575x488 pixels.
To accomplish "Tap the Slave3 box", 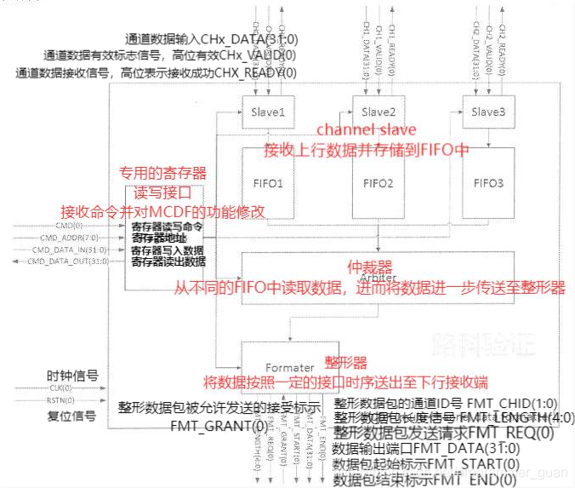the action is tap(487, 112).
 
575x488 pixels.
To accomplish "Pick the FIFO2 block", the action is tap(379, 183).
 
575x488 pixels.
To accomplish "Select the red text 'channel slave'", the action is tap(366, 130).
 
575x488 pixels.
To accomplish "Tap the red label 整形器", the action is tap(347, 362).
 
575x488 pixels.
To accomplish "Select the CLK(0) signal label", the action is tap(60, 388).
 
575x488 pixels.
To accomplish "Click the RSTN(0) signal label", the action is tap(60, 400).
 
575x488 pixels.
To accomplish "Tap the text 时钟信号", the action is tap(72, 376).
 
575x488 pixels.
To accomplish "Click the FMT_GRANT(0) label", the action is tap(218, 425).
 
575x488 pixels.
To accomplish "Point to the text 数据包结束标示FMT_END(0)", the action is tap(442, 480).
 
